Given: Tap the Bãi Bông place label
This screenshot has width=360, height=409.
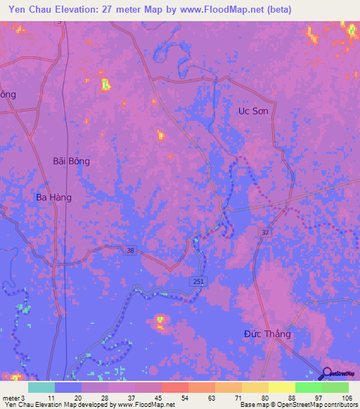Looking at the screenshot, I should [72, 161].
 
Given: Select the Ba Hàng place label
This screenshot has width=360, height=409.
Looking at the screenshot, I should [54, 197].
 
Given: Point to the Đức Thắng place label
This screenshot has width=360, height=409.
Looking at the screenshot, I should [267, 334].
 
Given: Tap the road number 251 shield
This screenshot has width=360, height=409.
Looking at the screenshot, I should [200, 281].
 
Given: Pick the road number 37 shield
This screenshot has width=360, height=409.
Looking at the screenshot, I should [264, 233].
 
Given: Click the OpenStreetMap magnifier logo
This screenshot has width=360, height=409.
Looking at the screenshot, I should [326, 375].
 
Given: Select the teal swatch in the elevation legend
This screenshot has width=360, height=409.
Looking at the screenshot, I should [41, 387].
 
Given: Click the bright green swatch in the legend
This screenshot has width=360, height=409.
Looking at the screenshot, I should [308, 387].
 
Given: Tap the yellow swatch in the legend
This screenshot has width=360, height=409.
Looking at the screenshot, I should [281, 387].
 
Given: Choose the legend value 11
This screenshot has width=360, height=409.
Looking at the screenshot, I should [50, 398].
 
